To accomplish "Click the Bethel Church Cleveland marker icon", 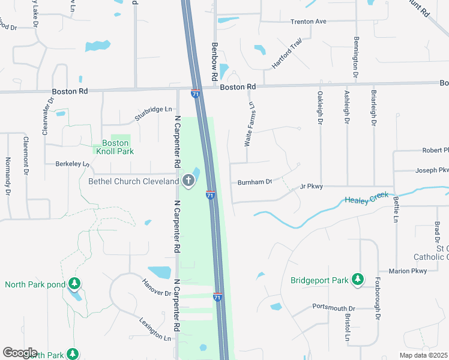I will point(188,181).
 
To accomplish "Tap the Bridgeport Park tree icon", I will point(358,280).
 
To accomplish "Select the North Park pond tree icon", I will point(74,283).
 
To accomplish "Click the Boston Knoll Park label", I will point(115,147).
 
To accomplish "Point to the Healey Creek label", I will point(367,198).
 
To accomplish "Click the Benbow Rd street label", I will point(213,62).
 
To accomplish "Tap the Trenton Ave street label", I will point(308,22).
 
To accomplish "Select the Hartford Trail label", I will point(286,53).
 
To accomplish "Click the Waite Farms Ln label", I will point(248,124).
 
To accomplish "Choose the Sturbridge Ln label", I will point(153,113).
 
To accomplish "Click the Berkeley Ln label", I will point(72,163).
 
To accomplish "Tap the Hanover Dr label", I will point(157,287).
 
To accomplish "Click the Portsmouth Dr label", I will point(334,307).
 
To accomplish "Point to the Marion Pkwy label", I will point(408,271).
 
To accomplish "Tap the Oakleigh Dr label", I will point(320,107).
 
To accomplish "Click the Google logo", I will point(20,353).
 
